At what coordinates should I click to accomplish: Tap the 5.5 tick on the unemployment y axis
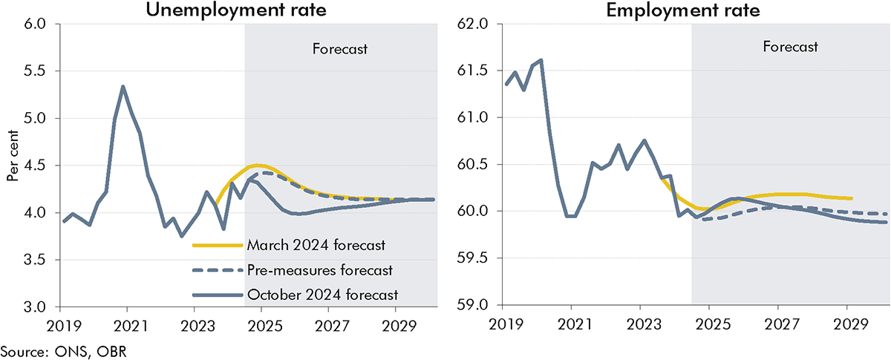[35, 71]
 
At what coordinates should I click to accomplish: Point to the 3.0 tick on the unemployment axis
[35, 307]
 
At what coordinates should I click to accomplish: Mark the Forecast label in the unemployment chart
[341, 50]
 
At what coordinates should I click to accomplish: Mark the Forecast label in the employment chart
[790, 47]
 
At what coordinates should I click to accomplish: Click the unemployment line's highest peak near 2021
[123, 87]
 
